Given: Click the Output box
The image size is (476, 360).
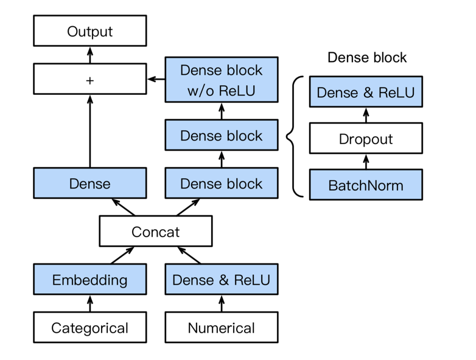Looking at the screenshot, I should (x=89, y=31).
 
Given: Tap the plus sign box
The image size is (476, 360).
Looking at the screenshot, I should (x=89, y=80).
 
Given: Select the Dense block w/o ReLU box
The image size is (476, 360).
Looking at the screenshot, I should (x=222, y=80).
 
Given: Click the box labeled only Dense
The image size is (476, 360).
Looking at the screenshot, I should (x=89, y=184).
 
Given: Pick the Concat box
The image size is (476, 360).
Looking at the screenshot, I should (x=155, y=231).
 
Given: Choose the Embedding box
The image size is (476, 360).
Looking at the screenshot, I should (x=89, y=280).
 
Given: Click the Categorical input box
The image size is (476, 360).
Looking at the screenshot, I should (x=89, y=328).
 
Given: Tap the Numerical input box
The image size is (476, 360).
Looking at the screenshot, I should (x=222, y=328).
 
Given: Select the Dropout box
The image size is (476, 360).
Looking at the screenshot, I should (x=366, y=139).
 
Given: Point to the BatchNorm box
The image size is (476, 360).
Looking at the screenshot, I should (x=366, y=185).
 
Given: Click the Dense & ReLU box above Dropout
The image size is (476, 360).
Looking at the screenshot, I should (x=366, y=92).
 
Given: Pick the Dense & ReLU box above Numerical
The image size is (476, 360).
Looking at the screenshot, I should (x=222, y=280).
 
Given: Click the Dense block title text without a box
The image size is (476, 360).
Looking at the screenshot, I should (x=366, y=58).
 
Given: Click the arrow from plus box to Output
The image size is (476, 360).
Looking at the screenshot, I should (x=89, y=55).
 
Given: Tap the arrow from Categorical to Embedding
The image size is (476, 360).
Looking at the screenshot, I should (x=89, y=303).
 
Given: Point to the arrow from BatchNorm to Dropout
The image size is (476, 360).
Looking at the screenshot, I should (x=366, y=162).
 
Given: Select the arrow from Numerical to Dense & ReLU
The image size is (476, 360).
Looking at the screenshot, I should (x=222, y=303).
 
